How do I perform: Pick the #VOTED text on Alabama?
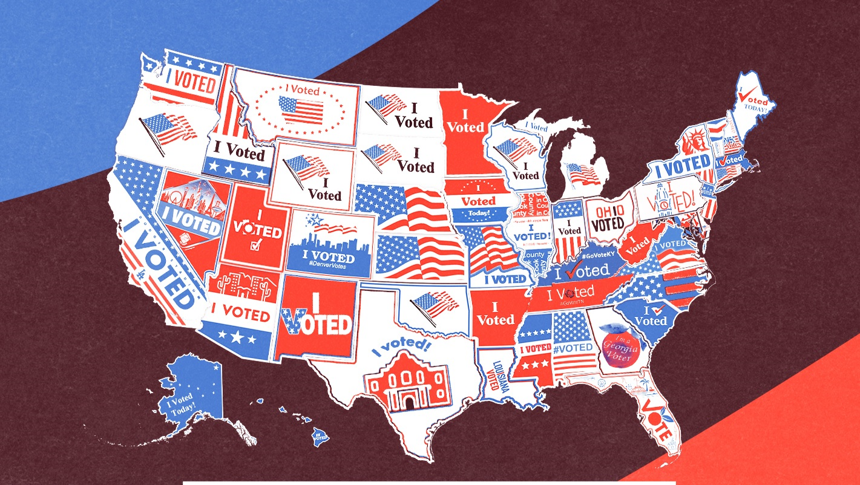[x=573, y=348]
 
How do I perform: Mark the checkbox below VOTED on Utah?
[x=255, y=246]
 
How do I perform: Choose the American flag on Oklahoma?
[x=434, y=304]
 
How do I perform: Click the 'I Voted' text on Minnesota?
[x=465, y=121]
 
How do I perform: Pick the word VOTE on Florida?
[x=656, y=419]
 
